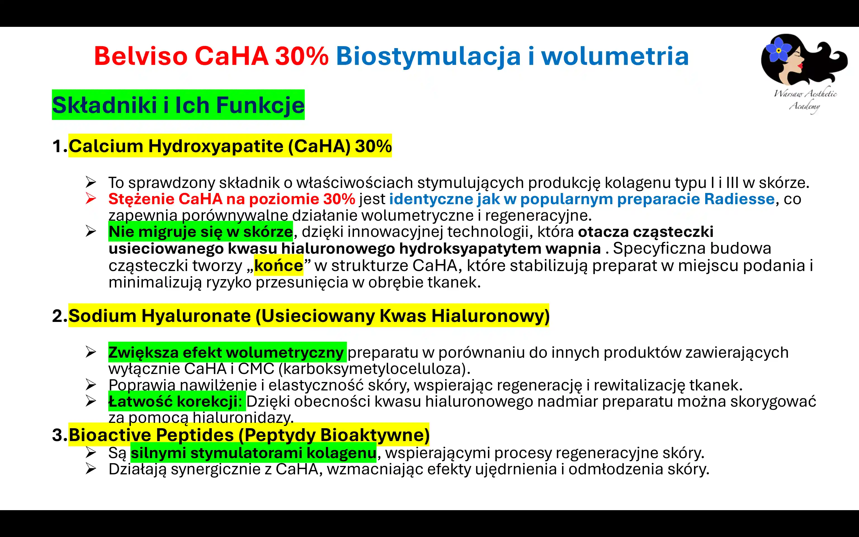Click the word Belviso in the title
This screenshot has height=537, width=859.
tap(141, 56)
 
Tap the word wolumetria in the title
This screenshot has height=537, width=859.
tap(615, 56)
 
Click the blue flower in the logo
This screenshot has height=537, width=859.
tap(778, 50)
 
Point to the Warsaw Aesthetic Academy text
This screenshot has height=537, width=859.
tap(805, 100)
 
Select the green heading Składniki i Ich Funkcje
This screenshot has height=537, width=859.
tap(178, 105)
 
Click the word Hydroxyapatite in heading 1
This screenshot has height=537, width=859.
tap(216, 146)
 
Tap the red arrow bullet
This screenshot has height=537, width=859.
tap(91, 199)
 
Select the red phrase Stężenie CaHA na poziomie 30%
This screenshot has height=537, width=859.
tap(232, 199)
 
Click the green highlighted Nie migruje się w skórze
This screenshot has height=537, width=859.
tap(200, 232)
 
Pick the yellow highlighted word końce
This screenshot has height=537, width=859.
tap(279, 265)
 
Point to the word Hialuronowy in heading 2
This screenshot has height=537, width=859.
tap(490, 316)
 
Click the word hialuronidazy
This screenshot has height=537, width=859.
tap(243, 418)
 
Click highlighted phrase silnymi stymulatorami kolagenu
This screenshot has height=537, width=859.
tap(253, 453)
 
